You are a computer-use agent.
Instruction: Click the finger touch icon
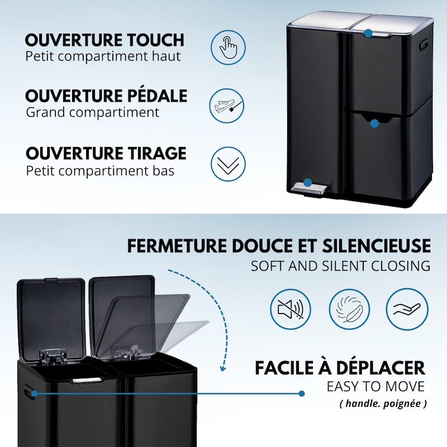(x=228, y=47)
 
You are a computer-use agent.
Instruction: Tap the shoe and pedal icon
(x=227, y=106)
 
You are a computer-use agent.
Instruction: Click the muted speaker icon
(x=291, y=310)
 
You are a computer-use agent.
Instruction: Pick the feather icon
(x=349, y=310)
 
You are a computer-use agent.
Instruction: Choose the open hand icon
(x=407, y=310)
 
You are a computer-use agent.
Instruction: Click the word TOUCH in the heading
(x=155, y=40)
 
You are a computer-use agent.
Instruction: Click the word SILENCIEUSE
(x=376, y=246)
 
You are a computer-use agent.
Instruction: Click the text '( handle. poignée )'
(x=383, y=403)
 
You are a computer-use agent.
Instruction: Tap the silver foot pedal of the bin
(x=310, y=188)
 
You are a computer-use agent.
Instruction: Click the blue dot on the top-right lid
(x=368, y=33)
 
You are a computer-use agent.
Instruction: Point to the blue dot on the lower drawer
(x=374, y=123)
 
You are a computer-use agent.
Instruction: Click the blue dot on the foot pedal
(x=307, y=182)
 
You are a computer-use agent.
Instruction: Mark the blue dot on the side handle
(x=34, y=394)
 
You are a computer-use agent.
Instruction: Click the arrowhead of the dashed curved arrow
(x=223, y=368)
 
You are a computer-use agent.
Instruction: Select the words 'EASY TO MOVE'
(x=375, y=387)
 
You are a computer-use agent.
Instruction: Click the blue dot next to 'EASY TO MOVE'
(x=302, y=394)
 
